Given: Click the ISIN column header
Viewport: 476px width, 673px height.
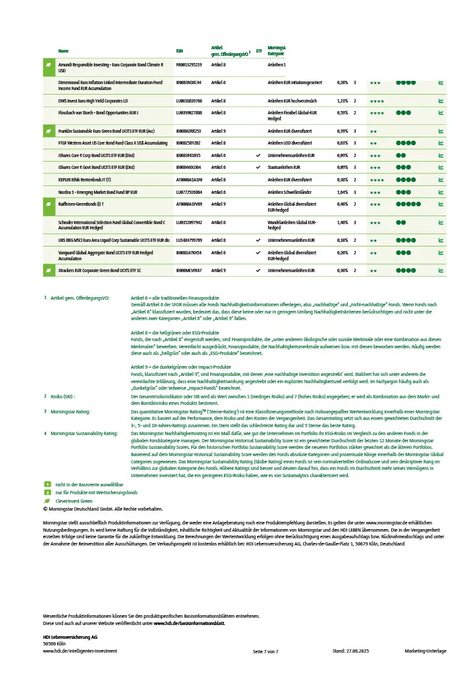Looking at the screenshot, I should [x=179, y=51].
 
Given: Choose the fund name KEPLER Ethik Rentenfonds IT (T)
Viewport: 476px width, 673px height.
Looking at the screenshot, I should [x=84, y=179].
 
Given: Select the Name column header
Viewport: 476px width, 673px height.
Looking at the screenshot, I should [x=63, y=51].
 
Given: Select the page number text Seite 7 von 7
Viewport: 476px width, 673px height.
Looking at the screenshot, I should [x=266, y=651].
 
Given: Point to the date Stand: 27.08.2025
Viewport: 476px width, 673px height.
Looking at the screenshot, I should [x=354, y=651].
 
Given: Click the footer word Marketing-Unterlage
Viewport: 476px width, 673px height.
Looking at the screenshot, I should [x=425, y=651].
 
